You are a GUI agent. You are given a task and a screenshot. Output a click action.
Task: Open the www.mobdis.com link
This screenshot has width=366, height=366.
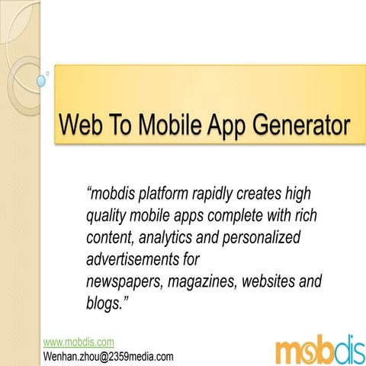(x=79, y=342)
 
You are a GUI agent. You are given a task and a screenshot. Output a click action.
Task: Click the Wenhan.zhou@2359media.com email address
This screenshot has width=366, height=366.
(x=108, y=356)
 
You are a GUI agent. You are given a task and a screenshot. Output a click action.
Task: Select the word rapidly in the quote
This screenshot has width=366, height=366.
(x=226, y=195)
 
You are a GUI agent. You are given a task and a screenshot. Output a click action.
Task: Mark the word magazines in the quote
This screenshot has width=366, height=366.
(x=203, y=282)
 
